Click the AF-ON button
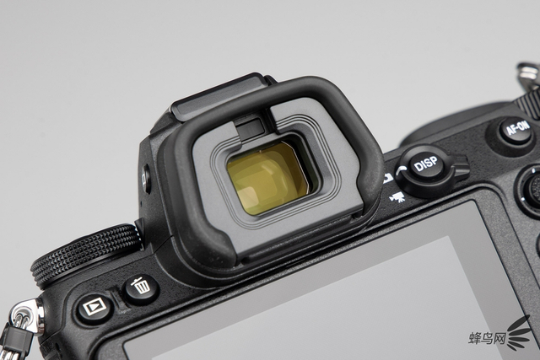pyautogui.click(x=516, y=131)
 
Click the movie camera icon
pyautogui.click(x=397, y=197)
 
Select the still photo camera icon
pyautogui.click(x=388, y=178)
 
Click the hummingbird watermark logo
pyautogui.click(x=520, y=334)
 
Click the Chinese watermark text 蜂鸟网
pyautogui.click(x=487, y=338)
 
